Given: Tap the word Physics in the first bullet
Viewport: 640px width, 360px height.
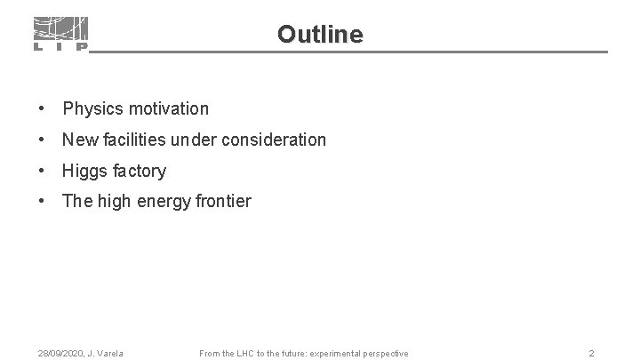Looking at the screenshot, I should pos(93,109).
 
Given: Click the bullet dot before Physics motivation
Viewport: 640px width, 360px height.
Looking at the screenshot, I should pos(42,109).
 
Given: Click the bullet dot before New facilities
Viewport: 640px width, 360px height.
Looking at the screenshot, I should pos(42,140).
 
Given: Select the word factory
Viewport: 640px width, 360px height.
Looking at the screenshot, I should pos(140,171).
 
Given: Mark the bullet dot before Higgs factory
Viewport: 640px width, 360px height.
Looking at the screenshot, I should pos(42,171).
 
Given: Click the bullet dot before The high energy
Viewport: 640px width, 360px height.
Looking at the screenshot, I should pos(42,202).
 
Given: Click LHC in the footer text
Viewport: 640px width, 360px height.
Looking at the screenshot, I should pos(246,354).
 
